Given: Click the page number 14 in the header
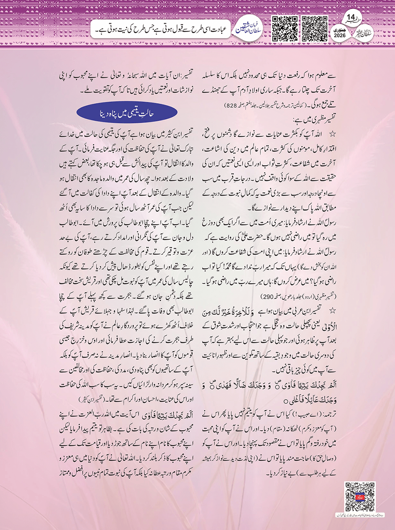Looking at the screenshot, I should click(351, 18).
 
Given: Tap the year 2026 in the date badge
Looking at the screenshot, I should click(340, 35).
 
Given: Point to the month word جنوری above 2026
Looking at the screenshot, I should click(340, 29).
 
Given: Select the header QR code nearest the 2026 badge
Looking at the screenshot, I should click(314, 29).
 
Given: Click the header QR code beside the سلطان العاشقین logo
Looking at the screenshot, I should click(285, 29).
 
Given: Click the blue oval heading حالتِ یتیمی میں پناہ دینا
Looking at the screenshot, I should click(127, 113).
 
